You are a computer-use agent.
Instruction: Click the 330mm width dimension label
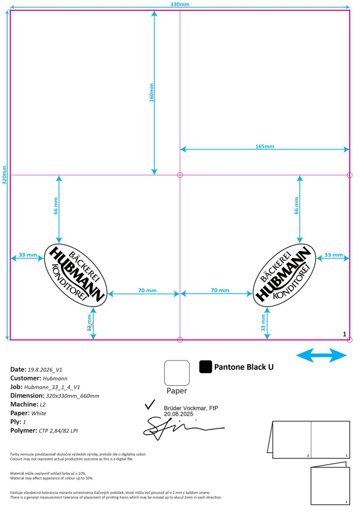180,4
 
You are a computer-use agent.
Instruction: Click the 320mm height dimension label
5,175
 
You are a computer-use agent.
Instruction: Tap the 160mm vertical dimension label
151,93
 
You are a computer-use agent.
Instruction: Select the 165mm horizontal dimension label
265,146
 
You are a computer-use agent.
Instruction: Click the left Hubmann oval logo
76,275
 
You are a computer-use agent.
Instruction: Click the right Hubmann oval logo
284,275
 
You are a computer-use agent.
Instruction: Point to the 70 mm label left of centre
147,290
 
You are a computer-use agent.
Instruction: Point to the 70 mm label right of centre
220,290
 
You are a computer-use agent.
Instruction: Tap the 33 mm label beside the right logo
334,255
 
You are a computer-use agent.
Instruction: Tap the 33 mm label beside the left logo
28,255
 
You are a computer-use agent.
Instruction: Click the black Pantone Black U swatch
205,367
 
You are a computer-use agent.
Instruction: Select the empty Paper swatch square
177,373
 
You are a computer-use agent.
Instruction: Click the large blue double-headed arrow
321,355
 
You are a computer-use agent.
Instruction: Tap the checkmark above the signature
150,405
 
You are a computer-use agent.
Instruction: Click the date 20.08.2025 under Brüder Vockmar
179,414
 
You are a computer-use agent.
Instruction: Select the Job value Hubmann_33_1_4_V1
52,387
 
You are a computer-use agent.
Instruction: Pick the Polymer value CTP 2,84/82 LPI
58,431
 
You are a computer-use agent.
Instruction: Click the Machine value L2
43,405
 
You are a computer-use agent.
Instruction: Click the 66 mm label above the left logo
56,206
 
